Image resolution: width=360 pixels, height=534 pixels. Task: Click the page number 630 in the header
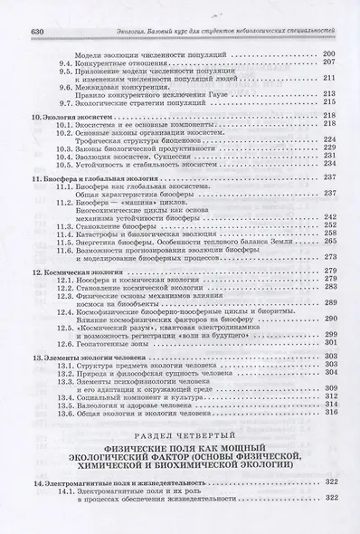pos(13,8)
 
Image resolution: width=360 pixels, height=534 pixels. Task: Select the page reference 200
pos(328,55)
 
